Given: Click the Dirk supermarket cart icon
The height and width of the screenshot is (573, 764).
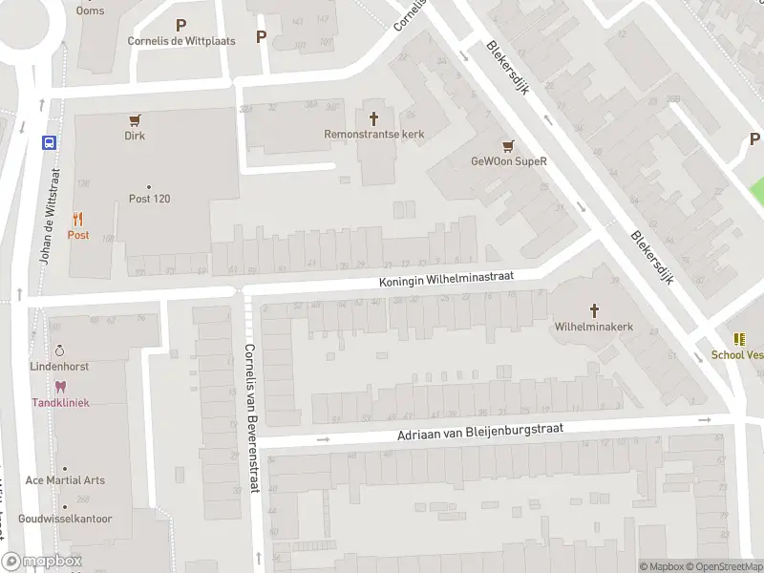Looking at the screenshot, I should pyautogui.click(x=135, y=120).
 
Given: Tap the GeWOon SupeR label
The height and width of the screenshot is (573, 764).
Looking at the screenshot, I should pyautogui.click(x=508, y=161).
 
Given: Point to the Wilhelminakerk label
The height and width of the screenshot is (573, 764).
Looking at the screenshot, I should pyautogui.click(x=594, y=327).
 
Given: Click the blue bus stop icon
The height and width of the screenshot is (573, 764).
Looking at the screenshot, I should pyautogui.click(x=48, y=142).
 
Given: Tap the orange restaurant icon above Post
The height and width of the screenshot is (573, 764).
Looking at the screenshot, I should pyautogui.click(x=77, y=219).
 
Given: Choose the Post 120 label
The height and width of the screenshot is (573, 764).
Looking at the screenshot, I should pyautogui.click(x=149, y=199).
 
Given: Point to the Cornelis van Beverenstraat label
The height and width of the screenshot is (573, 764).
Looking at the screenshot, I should pyautogui.click(x=250, y=418).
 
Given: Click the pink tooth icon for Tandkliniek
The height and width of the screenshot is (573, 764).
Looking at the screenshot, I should pyautogui.click(x=61, y=387).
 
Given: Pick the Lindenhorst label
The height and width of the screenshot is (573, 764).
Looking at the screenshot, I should pyautogui.click(x=59, y=366).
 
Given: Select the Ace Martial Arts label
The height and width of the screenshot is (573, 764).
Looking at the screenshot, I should pyautogui.click(x=65, y=480).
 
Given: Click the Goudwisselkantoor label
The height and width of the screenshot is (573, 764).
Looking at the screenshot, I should pyautogui.click(x=65, y=519).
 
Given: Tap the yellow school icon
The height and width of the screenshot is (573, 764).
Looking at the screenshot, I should pyautogui.click(x=739, y=339).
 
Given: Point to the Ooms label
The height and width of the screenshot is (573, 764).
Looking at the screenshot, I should pyautogui.click(x=90, y=11).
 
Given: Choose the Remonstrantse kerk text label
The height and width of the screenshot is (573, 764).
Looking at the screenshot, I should pyautogui.click(x=373, y=135).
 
